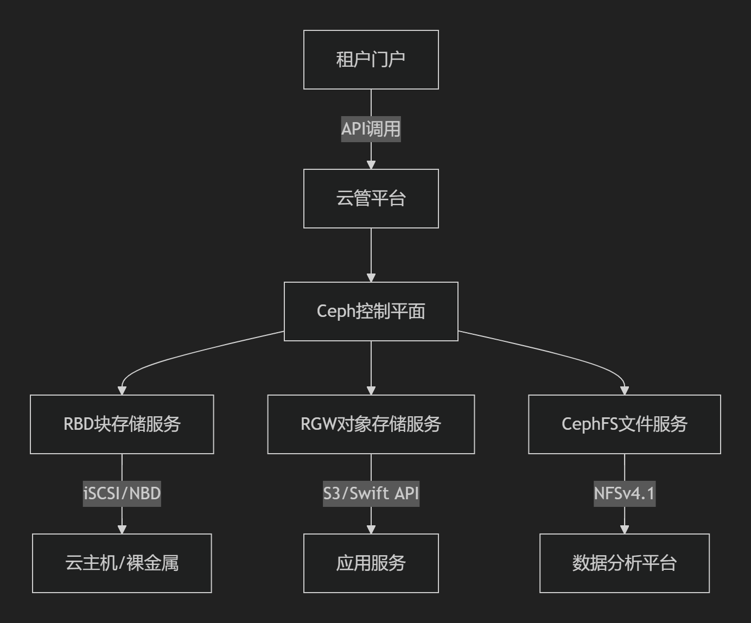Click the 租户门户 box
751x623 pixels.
(x=371, y=60)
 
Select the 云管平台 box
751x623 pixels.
(x=371, y=199)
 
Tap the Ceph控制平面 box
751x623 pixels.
(x=371, y=311)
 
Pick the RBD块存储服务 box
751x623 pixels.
(x=122, y=424)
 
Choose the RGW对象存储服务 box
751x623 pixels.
(x=371, y=424)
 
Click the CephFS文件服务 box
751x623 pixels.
(x=624, y=424)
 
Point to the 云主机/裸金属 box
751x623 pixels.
(x=122, y=563)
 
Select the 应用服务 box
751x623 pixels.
(x=371, y=563)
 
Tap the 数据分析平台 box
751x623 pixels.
(x=624, y=563)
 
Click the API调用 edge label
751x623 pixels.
(x=371, y=129)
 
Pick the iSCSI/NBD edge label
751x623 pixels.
(x=122, y=494)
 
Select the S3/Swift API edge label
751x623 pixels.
(x=371, y=494)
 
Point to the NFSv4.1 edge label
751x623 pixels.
(x=624, y=494)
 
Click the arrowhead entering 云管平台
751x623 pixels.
(x=371, y=164)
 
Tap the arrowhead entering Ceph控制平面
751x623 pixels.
(x=371, y=277)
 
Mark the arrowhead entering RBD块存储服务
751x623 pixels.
(x=122, y=390)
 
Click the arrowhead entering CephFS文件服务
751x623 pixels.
(x=624, y=390)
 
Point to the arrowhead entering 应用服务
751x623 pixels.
(x=371, y=529)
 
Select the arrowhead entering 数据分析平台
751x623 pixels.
(x=624, y=529)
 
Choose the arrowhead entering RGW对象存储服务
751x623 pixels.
(x=371, y=390)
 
